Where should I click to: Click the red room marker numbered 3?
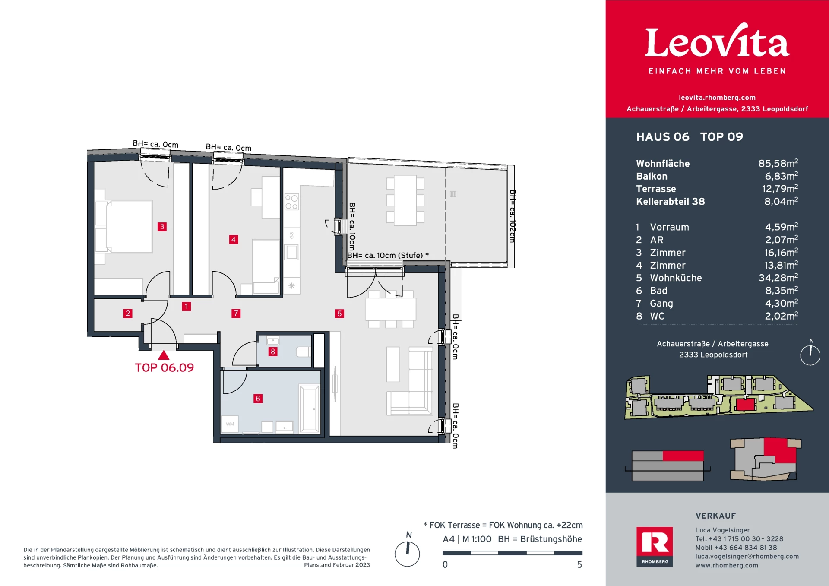click(x=162, y=227)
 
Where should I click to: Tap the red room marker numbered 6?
click(x=258, y=399)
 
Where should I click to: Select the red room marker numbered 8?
click(x=272, y=352)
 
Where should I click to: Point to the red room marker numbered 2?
click(x=127, y=314)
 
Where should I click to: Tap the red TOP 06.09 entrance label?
click(x=165, y=367)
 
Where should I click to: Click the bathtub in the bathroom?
click(x=310, y=409)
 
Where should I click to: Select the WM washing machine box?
click(x=230, y=424)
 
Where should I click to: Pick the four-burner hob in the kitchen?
click(x=291, y=202)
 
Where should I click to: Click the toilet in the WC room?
click(x=303, y=352)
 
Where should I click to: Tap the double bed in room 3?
click(x=124, y=226)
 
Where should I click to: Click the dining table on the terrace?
click(x=405, y=200)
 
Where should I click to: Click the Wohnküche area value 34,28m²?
click(x=778, y=278)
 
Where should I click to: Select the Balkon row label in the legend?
click(x=652, y=176)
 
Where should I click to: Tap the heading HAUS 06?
click(x=663, y=137)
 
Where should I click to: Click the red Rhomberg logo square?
click(x=655, y=547)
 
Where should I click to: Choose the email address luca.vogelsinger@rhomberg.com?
click(x=747, y=557)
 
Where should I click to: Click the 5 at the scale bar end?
click(x=579, y=565)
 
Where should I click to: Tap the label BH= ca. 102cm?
click(x=513, y=216)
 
